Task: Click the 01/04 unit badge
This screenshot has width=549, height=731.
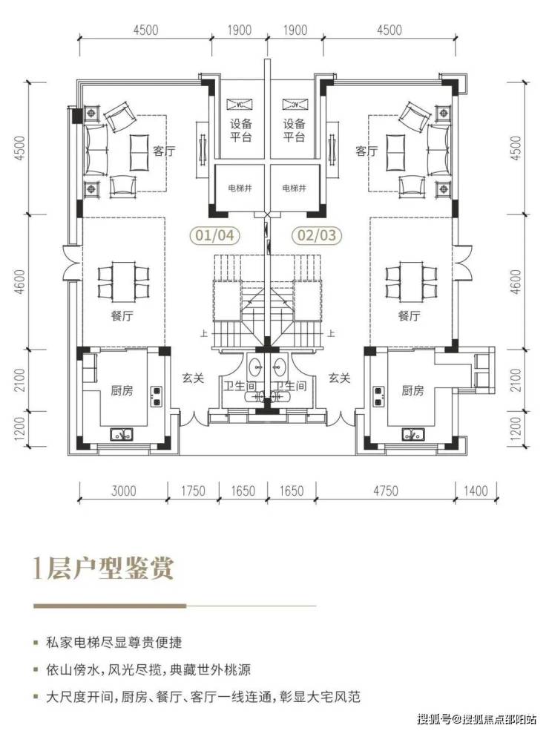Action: (x=214, y=235)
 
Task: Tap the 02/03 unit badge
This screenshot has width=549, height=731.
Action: (x=317, y=235)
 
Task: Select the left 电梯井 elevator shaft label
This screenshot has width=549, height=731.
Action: (x=240, y=188)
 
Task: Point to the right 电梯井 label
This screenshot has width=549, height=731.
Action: (x=295, y=188)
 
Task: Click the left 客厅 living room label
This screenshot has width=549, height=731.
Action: (x=165, y=151)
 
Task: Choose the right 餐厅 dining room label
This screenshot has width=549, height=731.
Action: (x=410, y=315)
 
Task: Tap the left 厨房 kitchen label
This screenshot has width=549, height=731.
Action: (x=122, y=390)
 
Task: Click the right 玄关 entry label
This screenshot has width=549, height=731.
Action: (x=339, y=378)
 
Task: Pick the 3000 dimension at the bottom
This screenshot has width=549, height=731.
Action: (x=124, y=491)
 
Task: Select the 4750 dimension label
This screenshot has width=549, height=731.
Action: (x=386, y=491)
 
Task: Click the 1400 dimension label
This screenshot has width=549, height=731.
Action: (x=476, y=491)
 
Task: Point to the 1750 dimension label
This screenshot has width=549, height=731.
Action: (x=193, y=491)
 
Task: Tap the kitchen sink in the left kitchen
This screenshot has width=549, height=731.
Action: (x=122, y=434)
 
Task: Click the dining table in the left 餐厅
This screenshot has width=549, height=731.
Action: (x=123, y=281)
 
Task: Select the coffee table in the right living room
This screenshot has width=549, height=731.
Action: (x=395, y=152)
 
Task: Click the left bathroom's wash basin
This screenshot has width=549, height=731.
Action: (x=256, y=366)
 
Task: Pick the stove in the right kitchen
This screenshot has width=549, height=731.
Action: (x=378, y=396)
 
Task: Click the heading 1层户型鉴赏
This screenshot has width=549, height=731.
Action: (x=103, y=568)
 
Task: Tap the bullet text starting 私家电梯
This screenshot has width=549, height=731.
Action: (x=114, y=643)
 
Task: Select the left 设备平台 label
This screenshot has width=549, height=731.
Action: (x=240, y=130)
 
